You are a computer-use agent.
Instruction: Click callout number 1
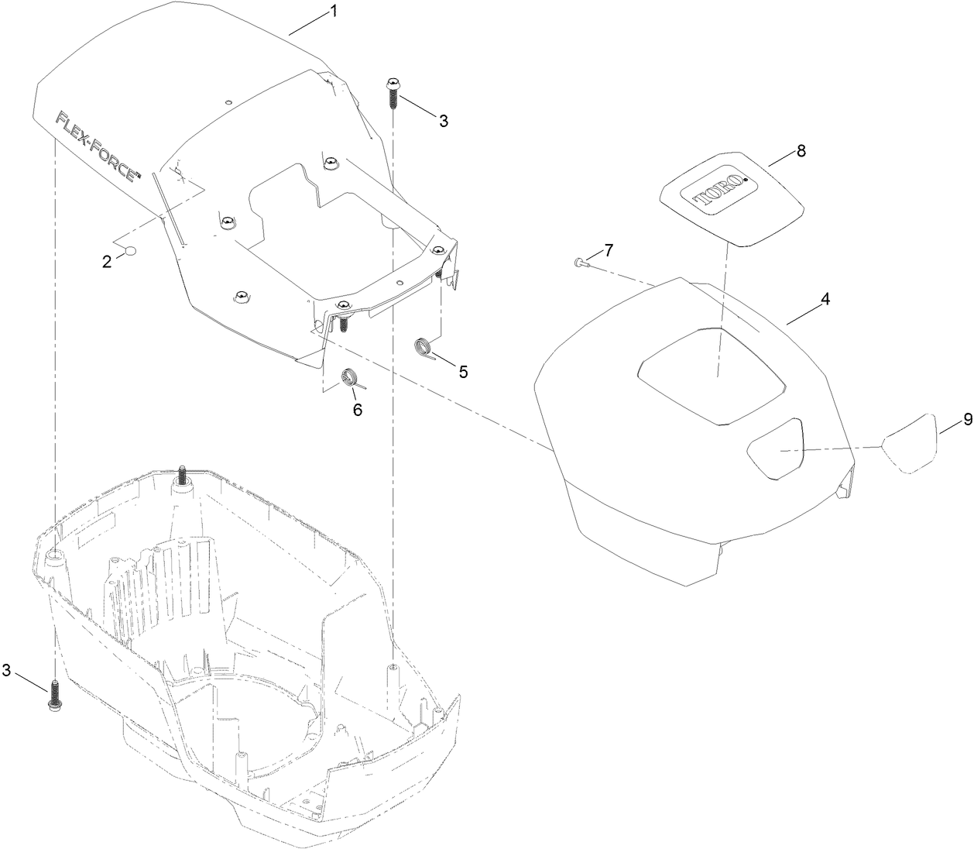[334, 11]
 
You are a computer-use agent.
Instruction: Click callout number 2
[107, 261]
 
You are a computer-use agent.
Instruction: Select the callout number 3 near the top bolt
[444, 121]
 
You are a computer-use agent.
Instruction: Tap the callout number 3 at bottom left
[6, 670]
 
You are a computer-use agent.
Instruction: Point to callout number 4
[825, 299]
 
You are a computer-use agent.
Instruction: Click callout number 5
[463, 371]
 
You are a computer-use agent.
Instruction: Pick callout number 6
[358, 410]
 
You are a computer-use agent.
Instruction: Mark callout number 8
[801, 151]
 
